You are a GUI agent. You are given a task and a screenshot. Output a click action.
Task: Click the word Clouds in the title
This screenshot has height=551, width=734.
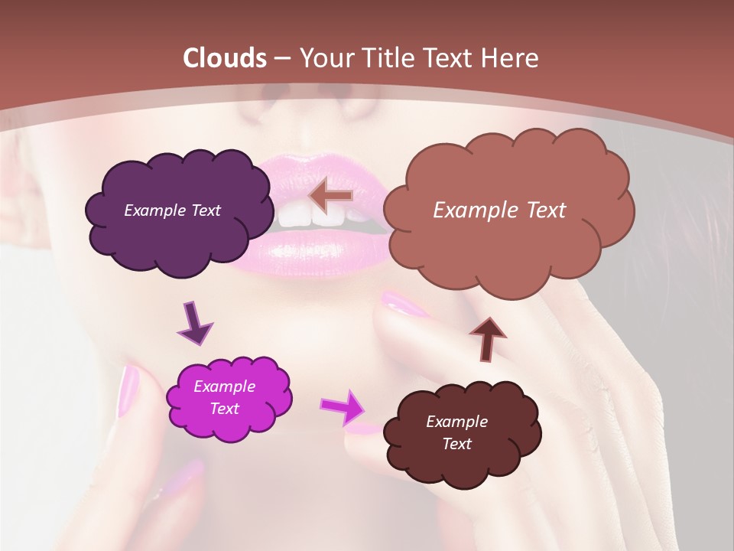(223, 58)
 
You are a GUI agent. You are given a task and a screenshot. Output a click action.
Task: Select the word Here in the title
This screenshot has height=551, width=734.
(512, 58)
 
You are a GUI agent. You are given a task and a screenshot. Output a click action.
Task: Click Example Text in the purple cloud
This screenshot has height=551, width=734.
(172, 210)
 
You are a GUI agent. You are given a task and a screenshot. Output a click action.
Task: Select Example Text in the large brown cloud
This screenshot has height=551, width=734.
(499, 210)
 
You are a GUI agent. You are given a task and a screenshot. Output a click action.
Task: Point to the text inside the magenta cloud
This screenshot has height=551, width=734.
(224, 398)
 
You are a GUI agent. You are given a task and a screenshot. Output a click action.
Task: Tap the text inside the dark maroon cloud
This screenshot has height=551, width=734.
(456, 433)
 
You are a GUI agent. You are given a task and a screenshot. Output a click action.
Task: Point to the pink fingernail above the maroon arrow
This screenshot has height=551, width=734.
(405, 304)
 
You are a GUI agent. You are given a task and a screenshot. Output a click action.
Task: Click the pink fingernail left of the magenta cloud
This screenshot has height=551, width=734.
(128, 390)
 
